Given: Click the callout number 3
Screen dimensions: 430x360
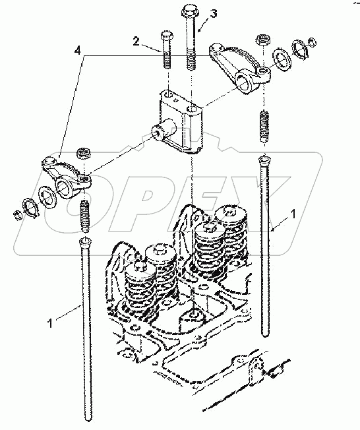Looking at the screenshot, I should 213,13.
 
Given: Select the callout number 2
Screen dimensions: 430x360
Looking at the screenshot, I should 135,40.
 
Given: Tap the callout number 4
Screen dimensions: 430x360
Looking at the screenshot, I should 78,51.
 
